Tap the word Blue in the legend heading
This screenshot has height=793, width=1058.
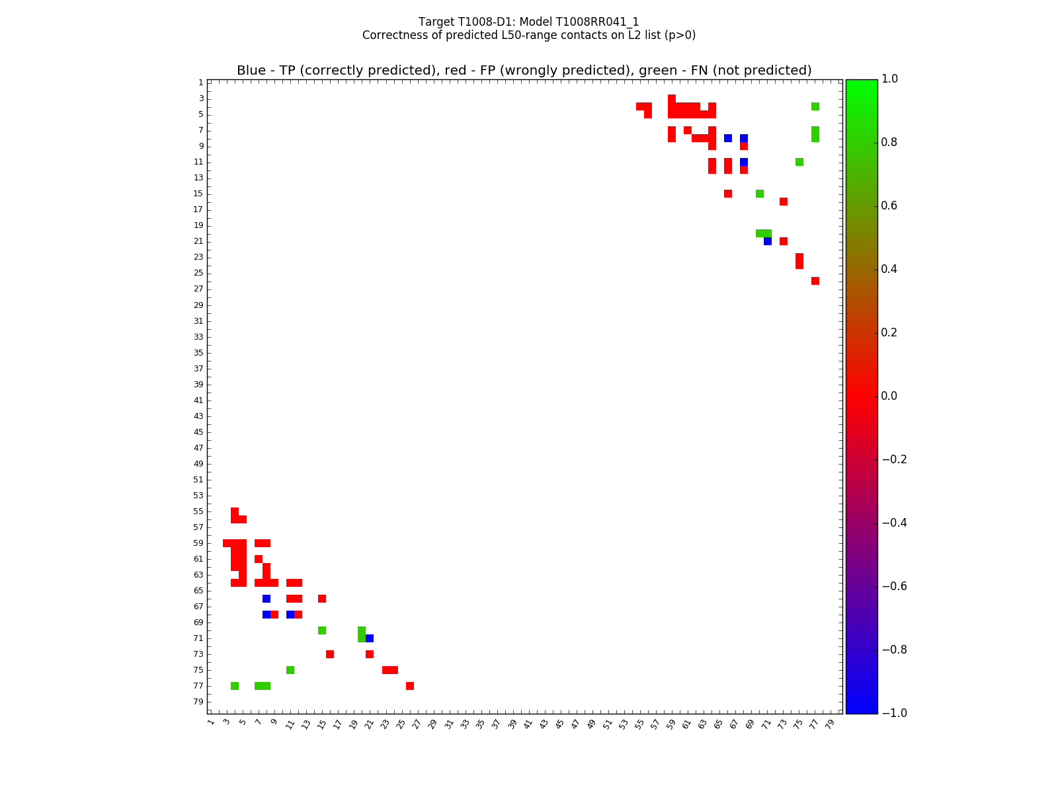(x=251, y=71)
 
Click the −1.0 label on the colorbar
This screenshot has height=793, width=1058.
(x=893, y=713)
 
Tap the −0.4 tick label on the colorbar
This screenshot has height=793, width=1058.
(x=893, y=523)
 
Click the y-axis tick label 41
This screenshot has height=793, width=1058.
(x=198, y=400)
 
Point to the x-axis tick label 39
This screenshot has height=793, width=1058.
(x=512, y=724)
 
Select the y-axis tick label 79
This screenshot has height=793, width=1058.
(x=198, y=702)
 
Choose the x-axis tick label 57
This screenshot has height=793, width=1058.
(x=655, y=724)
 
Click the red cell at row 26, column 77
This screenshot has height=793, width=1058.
(x=815, y=281)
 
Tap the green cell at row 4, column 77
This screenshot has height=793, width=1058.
(x=815, y=106)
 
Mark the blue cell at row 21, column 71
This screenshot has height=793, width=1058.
(x=768, y=241)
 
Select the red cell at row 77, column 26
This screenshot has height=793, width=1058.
(x=410, y=686)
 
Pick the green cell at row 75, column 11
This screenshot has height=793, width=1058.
(x=290, y=670)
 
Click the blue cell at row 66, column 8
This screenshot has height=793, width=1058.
(x=266, y=599)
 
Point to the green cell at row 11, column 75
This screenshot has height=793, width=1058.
(x=799, y=162)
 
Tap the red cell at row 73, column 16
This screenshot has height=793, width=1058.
(x=330, y=654)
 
